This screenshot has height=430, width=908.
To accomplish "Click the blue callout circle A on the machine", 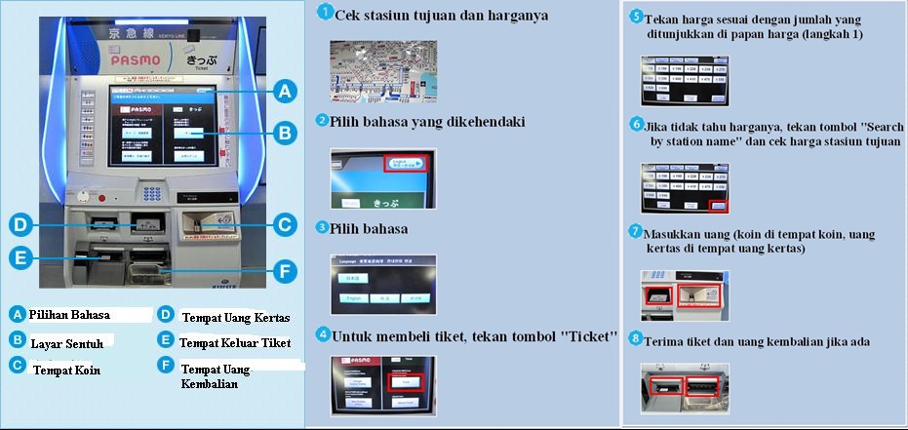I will [284, 92].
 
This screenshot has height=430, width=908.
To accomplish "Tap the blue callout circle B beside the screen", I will [284, 133].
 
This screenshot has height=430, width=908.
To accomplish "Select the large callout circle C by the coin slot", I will [283, 224].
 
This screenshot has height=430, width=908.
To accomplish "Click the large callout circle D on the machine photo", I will [20, 224].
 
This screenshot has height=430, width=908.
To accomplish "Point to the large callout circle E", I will [20, 258].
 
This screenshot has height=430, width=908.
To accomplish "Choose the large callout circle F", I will [283, 271].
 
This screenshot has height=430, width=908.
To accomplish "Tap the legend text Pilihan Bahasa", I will [69, 315].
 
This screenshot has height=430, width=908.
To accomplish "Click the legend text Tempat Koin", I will [66, 370].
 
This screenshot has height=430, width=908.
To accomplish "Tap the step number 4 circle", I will [322, 334].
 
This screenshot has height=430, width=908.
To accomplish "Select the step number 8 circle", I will [636, 339].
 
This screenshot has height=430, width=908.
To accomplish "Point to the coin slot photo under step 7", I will [684, 295].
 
